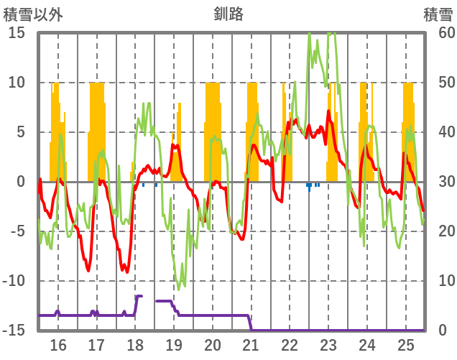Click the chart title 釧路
point(228,13)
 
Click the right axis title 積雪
point(437,13)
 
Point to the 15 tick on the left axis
point(17,32)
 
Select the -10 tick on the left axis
point(14,281)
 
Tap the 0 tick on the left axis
point(21,182)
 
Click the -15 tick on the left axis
point(14,331)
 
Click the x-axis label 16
point(58,344)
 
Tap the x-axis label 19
point(174,344)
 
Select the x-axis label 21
point(251,344)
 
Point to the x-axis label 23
point(328,344)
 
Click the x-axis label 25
point(406,344)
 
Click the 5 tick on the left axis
point(21,132)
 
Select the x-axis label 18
point(135,344)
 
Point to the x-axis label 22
point(290,344)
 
